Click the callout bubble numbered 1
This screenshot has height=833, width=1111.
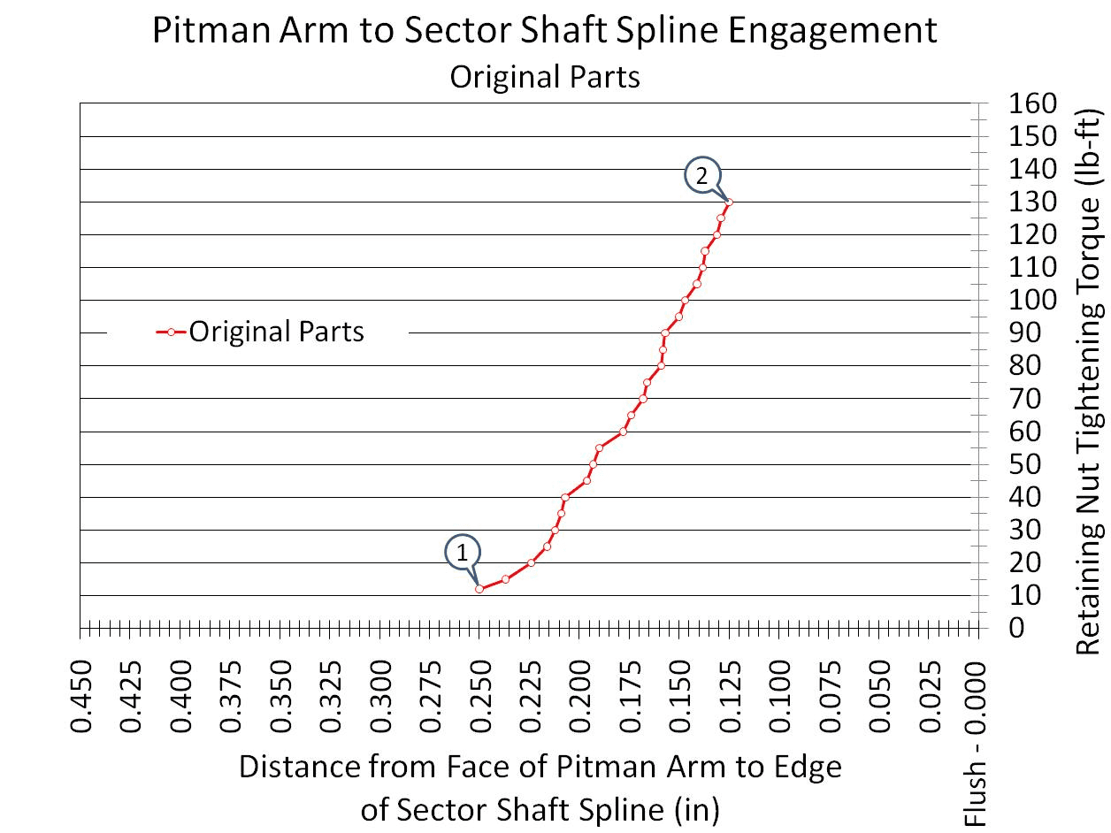pyautogui.click(x=462, y=553)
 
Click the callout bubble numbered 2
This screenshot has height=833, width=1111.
pyautogui.click(x=702, y=175)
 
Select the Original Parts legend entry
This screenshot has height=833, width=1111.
pyautogui.click(x=260, y=332)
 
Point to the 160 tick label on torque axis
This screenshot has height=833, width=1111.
pyautogui.click(x=1032, y=103)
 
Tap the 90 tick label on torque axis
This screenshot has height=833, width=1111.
pyautogui.click(x=1024, y=332)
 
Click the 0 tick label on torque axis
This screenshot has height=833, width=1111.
pyautogui.click(x=1016, y=628)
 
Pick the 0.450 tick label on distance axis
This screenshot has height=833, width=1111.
pyautogui.click(x=81, y=697)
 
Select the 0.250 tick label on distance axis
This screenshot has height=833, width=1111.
pyautogui.click(x=480, y=697)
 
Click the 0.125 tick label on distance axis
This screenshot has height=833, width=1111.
pyautogui.click(x=730, y=697)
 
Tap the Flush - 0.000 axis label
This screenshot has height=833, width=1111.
pyautogui.click(x=975, y=743)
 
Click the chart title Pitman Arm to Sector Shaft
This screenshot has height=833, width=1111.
pyautogui.click(x=545, y=30)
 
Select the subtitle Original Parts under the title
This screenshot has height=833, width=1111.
pyautogui.click(x=545, y=77)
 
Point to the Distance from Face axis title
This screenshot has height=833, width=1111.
pyautogui.click(x=540, y=788)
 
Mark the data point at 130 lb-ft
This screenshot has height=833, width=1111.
pyautogui.click(x=730, y=203)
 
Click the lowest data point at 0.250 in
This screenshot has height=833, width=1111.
pyautogui.click(x=479, y=589)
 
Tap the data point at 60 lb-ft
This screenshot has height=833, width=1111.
pyautogui.click(x=623, y=432)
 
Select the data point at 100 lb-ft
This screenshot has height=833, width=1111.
pyautogui.click(x=685, y=301)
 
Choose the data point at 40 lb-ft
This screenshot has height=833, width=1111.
pyautogui.click(x=565, y=498)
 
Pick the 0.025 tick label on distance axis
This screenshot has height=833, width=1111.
pyautogui.click(x=930, y=697)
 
